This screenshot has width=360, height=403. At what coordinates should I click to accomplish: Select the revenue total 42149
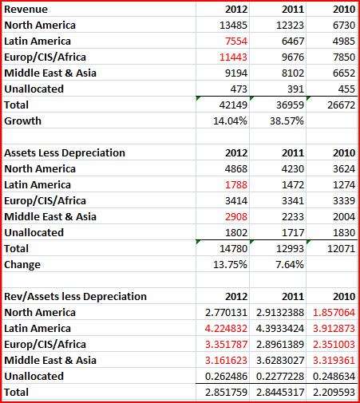coord(233,105)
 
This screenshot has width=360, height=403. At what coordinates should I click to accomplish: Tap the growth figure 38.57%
coord(287,121)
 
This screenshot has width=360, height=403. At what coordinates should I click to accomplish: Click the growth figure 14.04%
coord(230,121)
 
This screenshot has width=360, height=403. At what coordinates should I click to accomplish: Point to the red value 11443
coord(233,57)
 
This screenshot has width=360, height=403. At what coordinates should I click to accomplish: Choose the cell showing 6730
coord(344,26)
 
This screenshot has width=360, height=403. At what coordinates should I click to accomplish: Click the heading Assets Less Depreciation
coord(65,153)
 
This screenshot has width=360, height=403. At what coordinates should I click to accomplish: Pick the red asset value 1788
coord(236,185)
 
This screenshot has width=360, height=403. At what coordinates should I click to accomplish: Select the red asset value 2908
coord(236,217)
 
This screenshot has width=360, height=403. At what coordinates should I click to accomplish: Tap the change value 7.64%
coord(290,265)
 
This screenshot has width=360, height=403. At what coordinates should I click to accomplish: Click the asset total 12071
coord(342,249)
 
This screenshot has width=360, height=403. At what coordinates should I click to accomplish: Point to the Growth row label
coord(23,121)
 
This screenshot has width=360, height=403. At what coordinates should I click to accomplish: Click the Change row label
coord(22,265)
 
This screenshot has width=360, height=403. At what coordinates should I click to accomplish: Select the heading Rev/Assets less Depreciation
coord(76,297)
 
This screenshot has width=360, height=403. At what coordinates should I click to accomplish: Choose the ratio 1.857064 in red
coord(334,313)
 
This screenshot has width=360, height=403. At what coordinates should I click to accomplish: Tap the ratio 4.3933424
coord(280,329)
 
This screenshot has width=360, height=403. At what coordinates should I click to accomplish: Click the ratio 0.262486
coord(226,377)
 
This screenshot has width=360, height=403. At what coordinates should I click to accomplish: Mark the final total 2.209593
coord(334,393)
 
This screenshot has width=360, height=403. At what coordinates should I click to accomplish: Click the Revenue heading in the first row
coord(26,10)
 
